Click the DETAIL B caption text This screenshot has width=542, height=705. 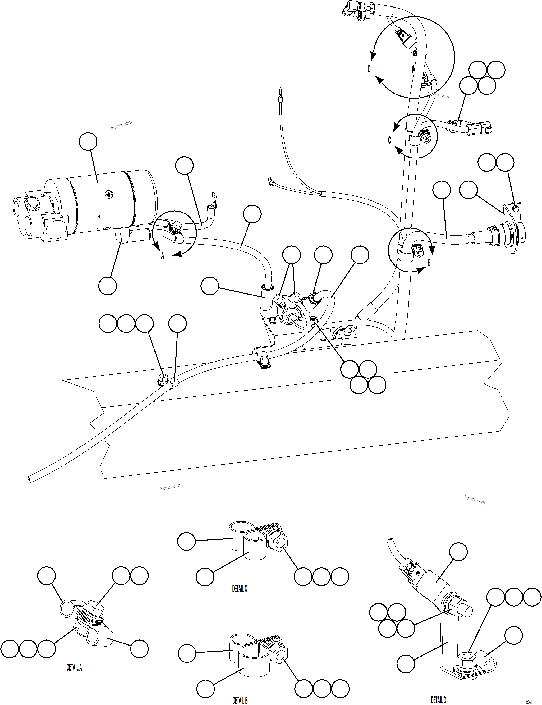240,700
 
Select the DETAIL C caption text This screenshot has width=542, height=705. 240,588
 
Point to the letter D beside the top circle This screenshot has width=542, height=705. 369,69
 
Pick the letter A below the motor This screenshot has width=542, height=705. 163,256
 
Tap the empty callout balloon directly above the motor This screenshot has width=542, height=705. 88,142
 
